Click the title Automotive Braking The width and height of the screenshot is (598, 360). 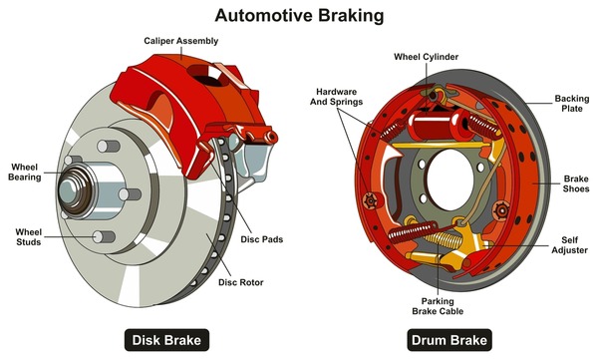click(x=298, y=15)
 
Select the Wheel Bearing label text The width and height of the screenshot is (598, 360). click(x=26, y=172)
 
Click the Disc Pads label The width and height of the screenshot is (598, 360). click(x=262, y=238)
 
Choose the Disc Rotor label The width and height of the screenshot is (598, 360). click(x=241, y=282)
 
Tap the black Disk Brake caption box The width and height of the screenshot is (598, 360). click(x=166, y=340)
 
